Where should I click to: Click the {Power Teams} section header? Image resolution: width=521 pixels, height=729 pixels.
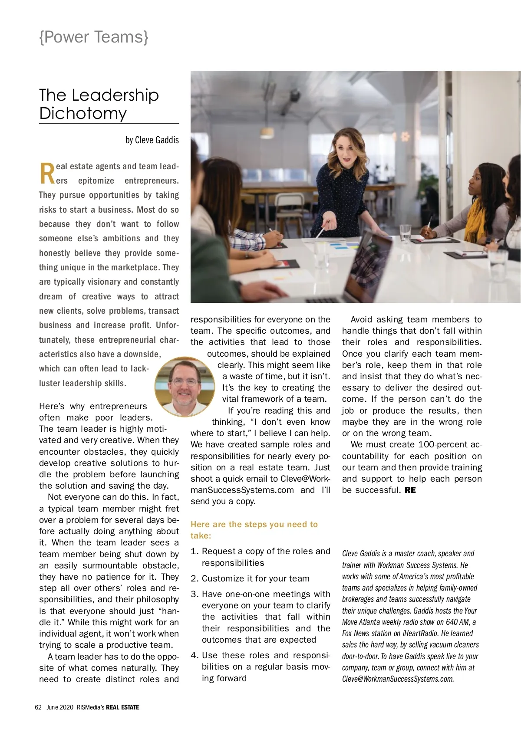[x=94, y=37]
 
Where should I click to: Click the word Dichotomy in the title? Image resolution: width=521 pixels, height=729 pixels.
[x=83, y=113]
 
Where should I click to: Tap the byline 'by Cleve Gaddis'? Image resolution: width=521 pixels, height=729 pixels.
[x=152, y=140]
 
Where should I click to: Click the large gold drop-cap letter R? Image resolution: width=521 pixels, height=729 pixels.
[x=47, y=173]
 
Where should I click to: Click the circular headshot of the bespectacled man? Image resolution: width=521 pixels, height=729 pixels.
[x=185, y=387]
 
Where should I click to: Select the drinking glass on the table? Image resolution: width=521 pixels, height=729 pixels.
[x=405, y=233]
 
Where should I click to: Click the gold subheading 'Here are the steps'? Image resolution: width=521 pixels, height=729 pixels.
[x=254, y=525]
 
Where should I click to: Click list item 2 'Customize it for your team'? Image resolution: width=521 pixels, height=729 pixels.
[x=255, y=579]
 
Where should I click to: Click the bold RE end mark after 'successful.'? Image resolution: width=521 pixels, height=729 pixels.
[x=410, y=490]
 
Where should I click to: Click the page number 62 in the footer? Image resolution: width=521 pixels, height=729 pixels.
[x=38, y=707]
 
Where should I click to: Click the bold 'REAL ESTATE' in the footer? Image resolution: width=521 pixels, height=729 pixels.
[x=122, y=707]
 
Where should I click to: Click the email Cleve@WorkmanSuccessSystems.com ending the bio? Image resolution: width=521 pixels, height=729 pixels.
[x=398, y=679]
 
